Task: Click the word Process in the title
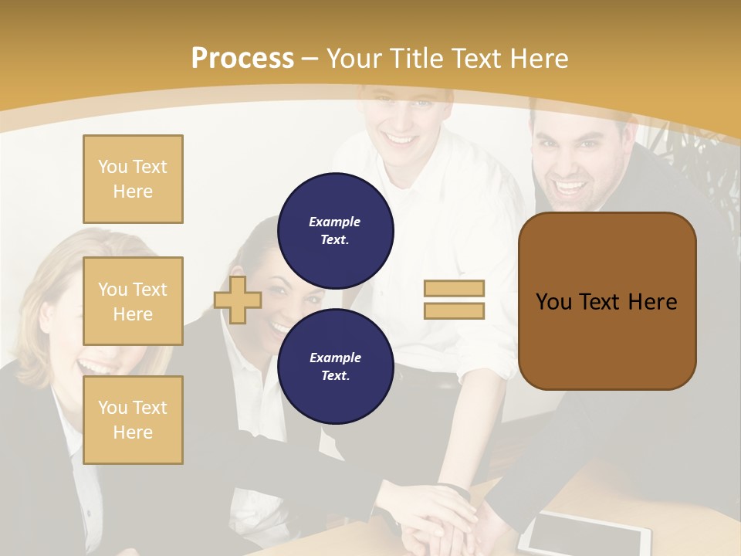point(242,59)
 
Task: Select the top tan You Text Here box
point(133,179)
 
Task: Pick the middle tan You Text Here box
point(133,301)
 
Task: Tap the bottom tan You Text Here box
point(133,420)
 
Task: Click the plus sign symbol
point(237,300)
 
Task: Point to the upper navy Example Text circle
point(336,231)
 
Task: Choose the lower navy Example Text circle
point(336,367)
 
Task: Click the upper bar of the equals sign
point(454,288)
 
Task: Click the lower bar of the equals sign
point(454,310)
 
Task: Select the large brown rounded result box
point(607,301)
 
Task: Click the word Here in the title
point(538,59)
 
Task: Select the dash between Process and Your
point(310,59)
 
